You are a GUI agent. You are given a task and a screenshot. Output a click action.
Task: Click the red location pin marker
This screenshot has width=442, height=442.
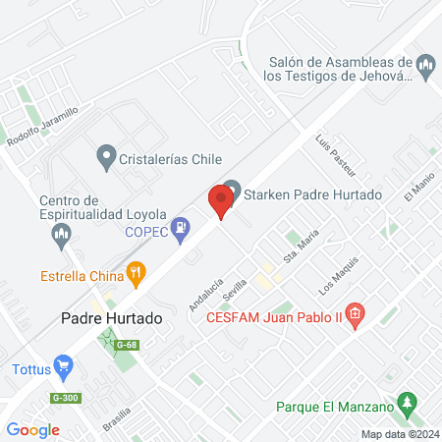[x=220, y=202]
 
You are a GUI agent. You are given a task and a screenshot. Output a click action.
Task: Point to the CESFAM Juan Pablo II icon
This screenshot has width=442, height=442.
[x=355, y=315]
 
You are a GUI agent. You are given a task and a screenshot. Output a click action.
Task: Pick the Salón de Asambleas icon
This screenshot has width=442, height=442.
[x=426, y=67]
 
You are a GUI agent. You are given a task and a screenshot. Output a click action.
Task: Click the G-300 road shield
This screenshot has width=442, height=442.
[x=64, y=397]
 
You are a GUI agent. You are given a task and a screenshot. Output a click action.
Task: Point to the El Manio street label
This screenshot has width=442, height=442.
[x=419, y=186]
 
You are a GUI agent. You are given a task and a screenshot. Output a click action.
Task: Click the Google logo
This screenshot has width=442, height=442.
[x=33, y=429]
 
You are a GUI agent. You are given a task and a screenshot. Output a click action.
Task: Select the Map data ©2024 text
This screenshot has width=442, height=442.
[x=399, y=434]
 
